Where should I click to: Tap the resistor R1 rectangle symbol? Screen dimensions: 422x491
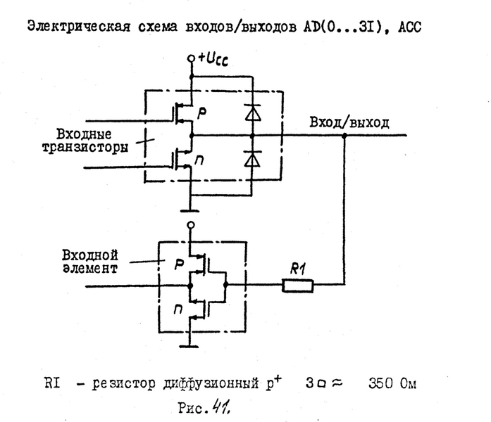tap(297, 286)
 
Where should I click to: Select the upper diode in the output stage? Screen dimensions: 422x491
tap(247, 110)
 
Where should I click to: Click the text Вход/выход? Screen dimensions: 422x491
tap(348, 122)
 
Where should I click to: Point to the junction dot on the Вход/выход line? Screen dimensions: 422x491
tap(344, 135)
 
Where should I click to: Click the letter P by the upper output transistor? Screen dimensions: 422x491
tap(204, 111)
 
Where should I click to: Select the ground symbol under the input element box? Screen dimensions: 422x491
tap(190, 345)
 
